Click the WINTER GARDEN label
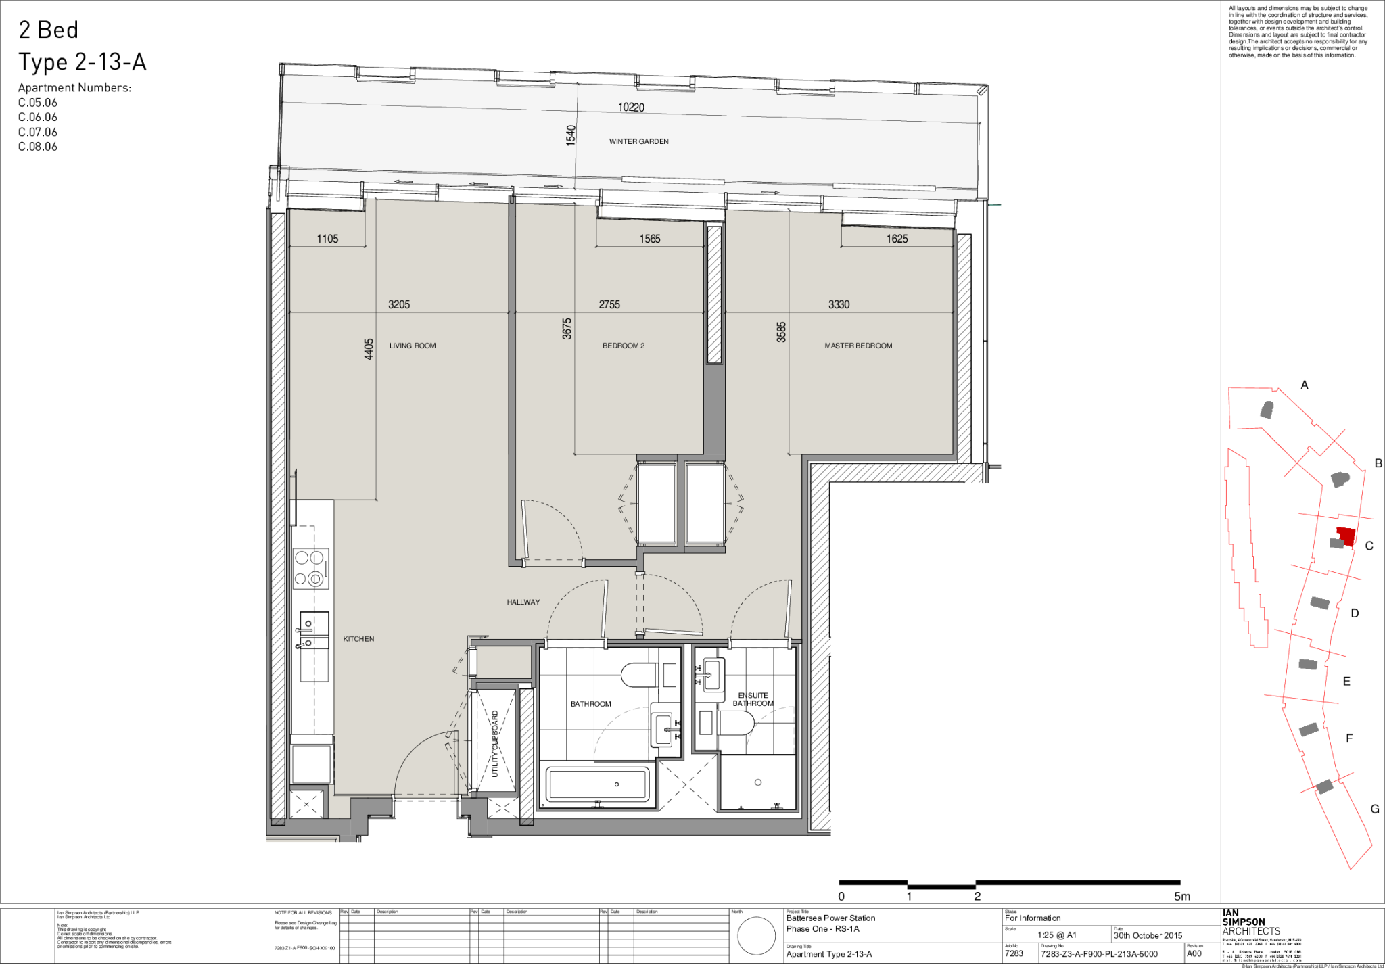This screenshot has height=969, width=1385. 638,141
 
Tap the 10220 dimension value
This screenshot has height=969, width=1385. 631,108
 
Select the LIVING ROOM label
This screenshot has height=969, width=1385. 413,346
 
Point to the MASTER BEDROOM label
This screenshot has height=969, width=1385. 858,346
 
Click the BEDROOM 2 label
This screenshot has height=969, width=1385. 624,346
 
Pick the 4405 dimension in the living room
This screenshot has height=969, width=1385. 369,349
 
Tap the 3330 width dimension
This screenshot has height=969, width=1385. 839,304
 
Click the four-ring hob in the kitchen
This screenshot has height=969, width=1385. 310,568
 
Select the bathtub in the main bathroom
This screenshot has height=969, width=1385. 598,785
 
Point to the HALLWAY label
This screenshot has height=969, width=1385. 523,602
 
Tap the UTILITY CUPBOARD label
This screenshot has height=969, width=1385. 495,743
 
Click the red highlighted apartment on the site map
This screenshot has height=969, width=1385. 1346,536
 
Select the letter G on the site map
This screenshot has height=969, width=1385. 1374,809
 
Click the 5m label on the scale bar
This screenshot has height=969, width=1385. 1182,897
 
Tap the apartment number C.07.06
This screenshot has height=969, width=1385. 38,132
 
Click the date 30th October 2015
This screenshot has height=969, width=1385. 1148,935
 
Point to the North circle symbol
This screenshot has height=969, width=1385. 756,936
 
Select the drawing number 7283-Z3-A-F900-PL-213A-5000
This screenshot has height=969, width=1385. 1099,954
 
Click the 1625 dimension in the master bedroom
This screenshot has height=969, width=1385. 897,239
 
